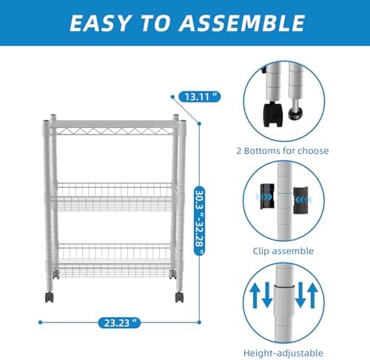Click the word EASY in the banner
tap(99, 23)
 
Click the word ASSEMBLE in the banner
tap(242, 23)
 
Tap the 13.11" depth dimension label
tap(199, 97)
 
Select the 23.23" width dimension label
tap(119, 322)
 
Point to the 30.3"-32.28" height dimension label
tap(200, 221)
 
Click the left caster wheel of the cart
tap(49, 297)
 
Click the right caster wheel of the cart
tap(179, 297)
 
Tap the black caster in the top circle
tap(273, 115)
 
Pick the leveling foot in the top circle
tap(296, 109)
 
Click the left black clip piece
tap(267, 197)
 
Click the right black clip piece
tap(300, 200)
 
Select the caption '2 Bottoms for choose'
tap(283, 151)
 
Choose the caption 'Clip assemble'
tap(283, 251)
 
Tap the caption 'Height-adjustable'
tap(283, 353)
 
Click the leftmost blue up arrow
tap(255, 296)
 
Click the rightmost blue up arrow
tap(312, 296)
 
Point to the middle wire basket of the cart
tap(114, 197)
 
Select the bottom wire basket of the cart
tap(114, 260)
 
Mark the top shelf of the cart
tap(114, 127)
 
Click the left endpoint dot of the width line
tap(41, 322)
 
